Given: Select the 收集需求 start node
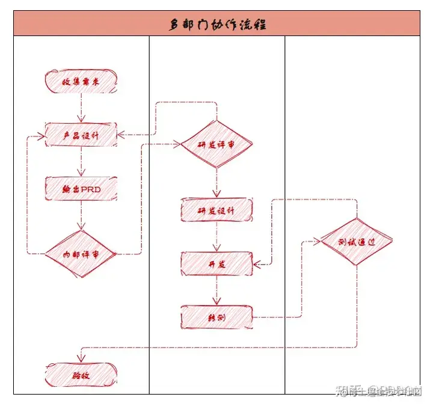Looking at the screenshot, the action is [81, 81].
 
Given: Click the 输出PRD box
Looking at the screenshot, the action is [81, 189].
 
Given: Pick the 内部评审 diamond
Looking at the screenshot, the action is [81, 254].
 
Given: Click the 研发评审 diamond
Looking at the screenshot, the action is [216, 145].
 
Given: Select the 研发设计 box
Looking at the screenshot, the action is [216, 210].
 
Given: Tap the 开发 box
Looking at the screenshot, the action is [216, 263].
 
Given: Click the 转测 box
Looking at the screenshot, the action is [216, 317].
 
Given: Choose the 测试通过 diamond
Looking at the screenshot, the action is [356, 242].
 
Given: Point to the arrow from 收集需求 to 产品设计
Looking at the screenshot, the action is [81, 108].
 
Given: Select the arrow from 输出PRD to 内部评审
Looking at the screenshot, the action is [81, 215].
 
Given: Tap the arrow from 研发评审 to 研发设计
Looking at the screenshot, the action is [216, 183].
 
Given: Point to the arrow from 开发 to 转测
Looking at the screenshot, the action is [216, 291].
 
